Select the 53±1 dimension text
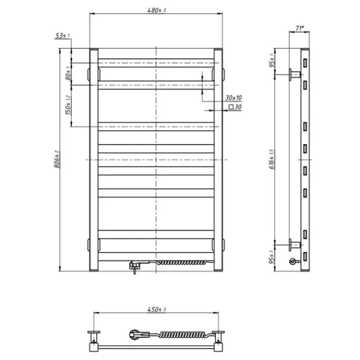(x=62, y=36)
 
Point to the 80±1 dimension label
(x=69, y=74)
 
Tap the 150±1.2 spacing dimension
(x=69, y=105)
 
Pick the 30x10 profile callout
(x=233, y=98)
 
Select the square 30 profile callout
(x=235, y=107)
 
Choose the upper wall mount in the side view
(x=294, y=74)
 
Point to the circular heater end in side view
(x=293, y=262)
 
